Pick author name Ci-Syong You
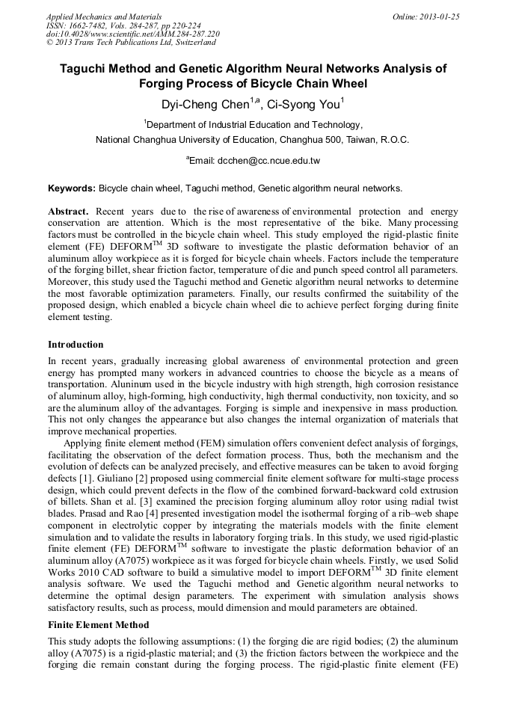point(304,104)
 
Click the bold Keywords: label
point(72,188)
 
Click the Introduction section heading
point(76,345)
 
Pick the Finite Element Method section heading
point(98,625)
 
